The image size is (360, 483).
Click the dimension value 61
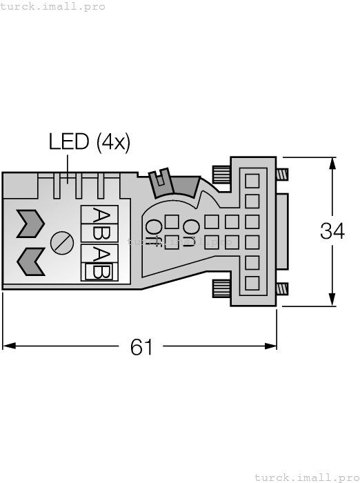[x=141, y=347]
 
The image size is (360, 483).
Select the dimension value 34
[x=332, y=231]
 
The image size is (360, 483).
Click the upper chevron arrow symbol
[x=30, y=222]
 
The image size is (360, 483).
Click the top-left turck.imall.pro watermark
[x=53, y=6]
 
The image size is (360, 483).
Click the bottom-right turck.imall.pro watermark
[x=306, y=477]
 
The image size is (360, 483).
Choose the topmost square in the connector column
[x=252, y=181]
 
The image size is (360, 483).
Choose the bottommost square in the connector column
[x=252, y=282]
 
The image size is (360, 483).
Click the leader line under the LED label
[x=67, y=164]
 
